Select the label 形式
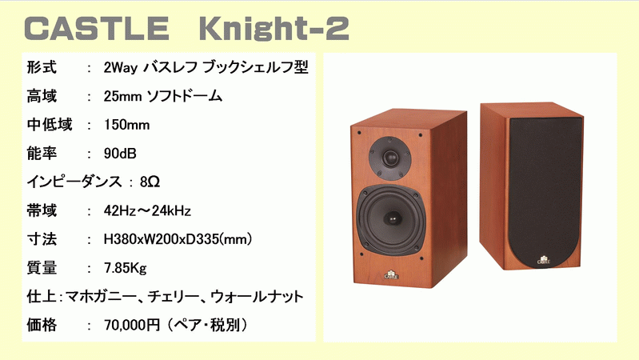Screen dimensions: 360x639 41,68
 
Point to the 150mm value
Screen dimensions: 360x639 127,125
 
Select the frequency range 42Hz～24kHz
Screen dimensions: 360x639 148,210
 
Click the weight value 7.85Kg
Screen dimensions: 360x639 126,267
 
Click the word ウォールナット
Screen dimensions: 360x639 257,296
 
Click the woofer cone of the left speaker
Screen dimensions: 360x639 391,217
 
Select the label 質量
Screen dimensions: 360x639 41,267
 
